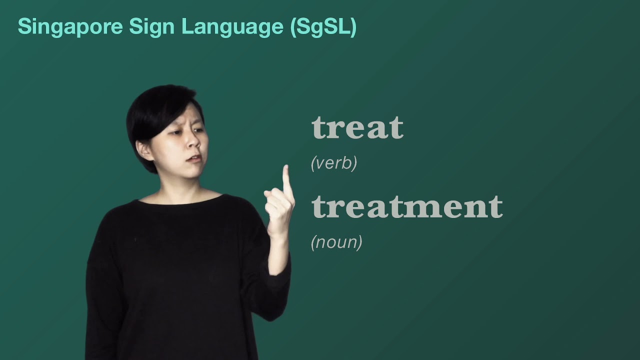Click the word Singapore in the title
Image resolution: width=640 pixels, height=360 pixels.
click(x=70, y=26)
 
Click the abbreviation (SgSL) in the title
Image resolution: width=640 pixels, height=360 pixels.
click(x=323, y=26)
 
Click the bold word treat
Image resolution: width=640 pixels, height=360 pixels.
click(x=357, y=127)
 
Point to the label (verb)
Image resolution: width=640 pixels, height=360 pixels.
click(x=333, y=163)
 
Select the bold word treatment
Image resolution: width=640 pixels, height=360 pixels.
click(x=407, y=206)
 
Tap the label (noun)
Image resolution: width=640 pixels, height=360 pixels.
click(x=336, y=242)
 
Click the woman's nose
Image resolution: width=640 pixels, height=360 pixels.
click(x=193, y=142)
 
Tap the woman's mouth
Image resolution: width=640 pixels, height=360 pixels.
click(x=195, y=159)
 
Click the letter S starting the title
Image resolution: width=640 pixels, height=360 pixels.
click(x=24, y=26)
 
